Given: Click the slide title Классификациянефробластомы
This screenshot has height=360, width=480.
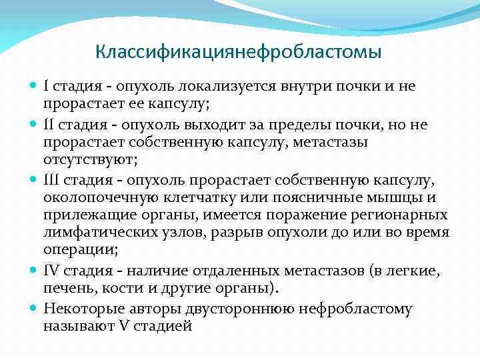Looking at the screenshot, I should [x=239, y=51].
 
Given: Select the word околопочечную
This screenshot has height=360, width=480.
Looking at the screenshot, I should [x=101, y=198].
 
